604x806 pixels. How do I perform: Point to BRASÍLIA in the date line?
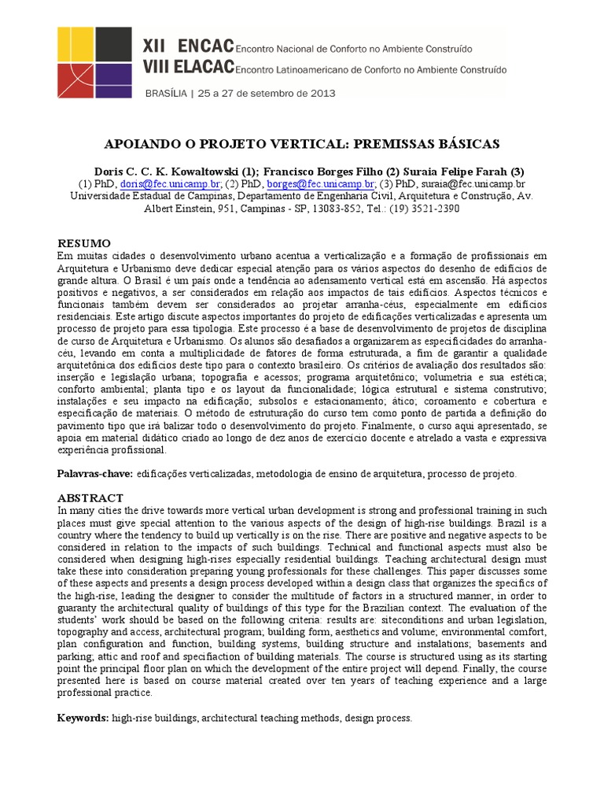tap(168, 93)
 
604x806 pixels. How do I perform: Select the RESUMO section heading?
tap(84, 243)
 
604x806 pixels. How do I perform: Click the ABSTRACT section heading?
tap(90, 497)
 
